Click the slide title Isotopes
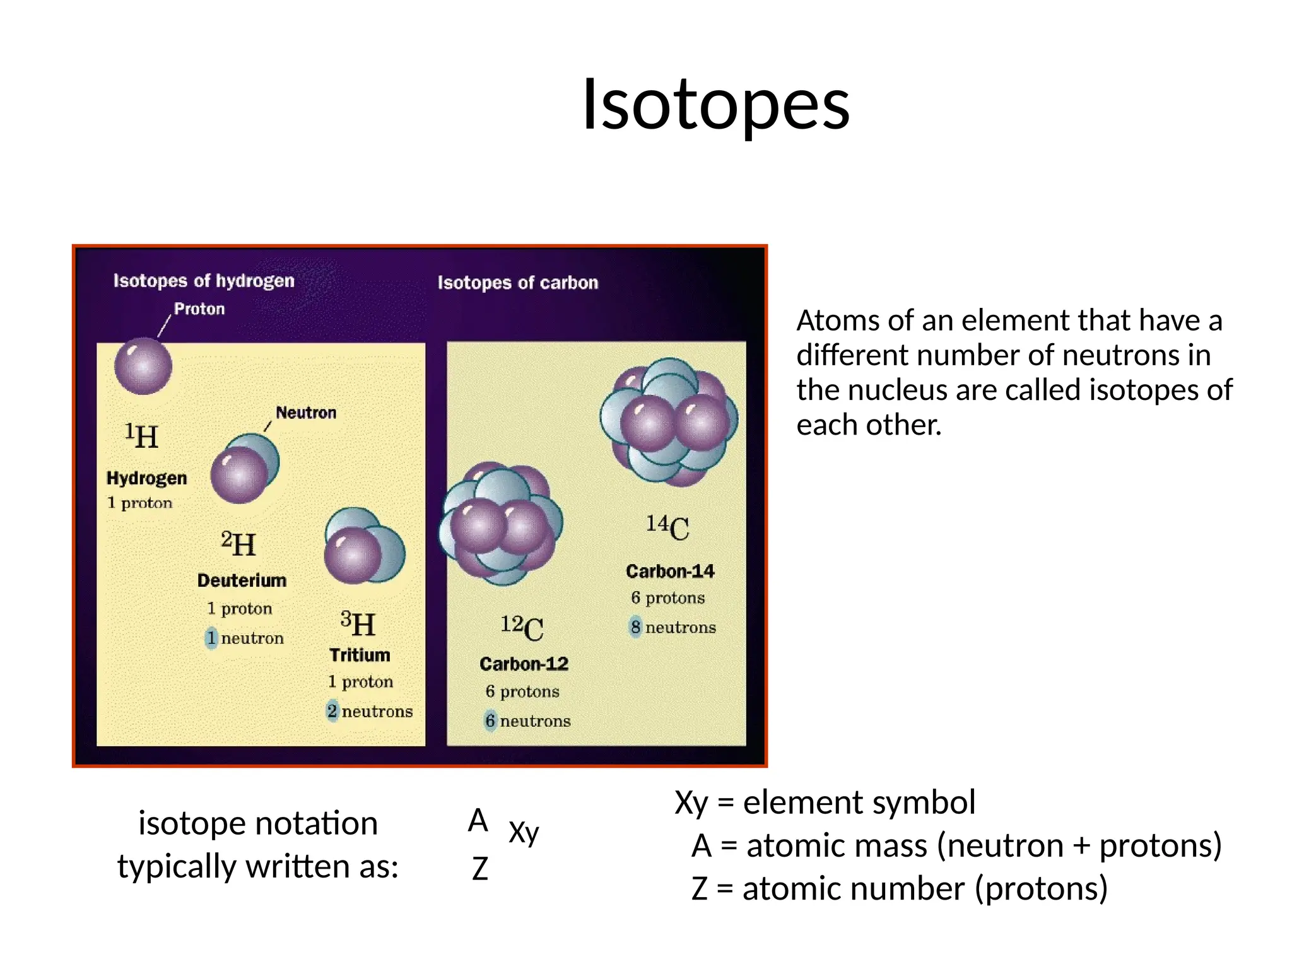pyautogui.click(x=715, y=105)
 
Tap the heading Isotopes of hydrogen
pyautogui.click(x=204, y=281)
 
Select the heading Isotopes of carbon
pyautogui.click(x=517, y=283)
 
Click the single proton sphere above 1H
pyautogui.click(x=143, y=366)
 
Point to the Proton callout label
pyautogui.click(x=199, y=308)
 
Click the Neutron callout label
pyautogui.click(x=306, y=413)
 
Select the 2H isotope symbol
pyautogui.click(x=238, y=544)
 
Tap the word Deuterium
pyautogui.click(x=242, y=580)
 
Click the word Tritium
pyautogui.click(x=360, y=655)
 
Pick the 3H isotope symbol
pyautogui.click(x=358, y=624)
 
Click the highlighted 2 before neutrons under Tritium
pyautogui.click(x=332, y=711)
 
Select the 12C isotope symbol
pyautogui.click(x=522, y=628)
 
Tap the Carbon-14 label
pyautogui.click(x=670, y=571)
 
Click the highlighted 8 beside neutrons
pyautogui.click(x=635, y=627)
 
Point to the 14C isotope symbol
pyautogui.click(x=667, y=527)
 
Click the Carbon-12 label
pyautogui.click(x=524, y=664)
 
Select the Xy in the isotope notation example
pyautogui.click(x=524, y=832)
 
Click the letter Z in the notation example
pyautogui.click(x=479, y=869)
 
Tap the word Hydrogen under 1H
pyautogui.click(x=146, y=478)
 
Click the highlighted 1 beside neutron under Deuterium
pyautogui.click(x=211, y=638)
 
